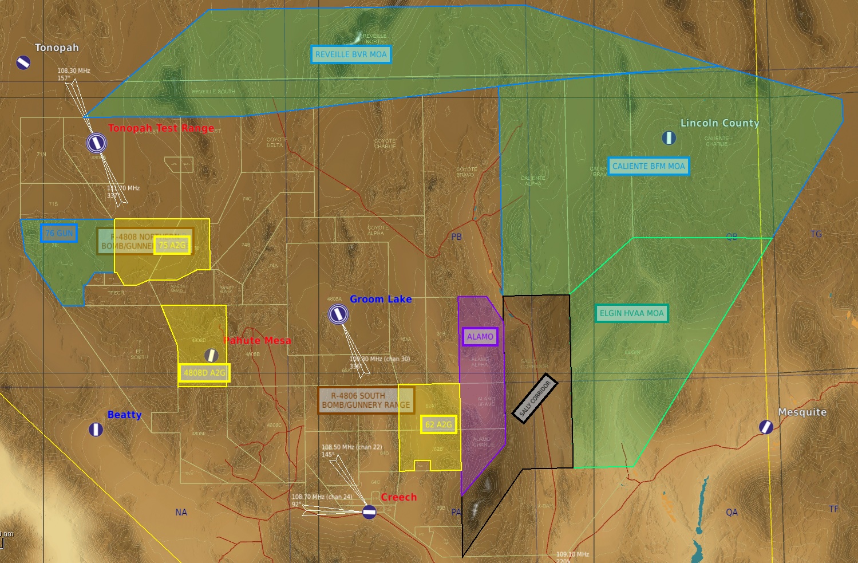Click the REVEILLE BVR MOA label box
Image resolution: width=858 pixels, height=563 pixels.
[x=351, y=54]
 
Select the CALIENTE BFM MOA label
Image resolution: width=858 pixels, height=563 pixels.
[x=649, y=166]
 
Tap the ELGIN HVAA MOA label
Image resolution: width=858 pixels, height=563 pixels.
[x=631, y=313]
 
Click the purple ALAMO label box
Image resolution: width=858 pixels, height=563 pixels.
[x=480, y=337]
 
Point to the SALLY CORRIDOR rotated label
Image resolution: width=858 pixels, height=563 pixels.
[x=535, y=399]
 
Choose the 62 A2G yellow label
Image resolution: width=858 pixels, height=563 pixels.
[x=438, y=424]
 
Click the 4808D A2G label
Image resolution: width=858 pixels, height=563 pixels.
[x=204, y=373]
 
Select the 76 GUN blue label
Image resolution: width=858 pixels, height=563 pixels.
[x=59, y=233]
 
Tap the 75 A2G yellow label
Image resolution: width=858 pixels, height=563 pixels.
[x=172, y=245]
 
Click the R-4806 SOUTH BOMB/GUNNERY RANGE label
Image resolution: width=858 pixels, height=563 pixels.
[x=366, y=400]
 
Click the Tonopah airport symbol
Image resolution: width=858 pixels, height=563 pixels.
[x=23, y=62]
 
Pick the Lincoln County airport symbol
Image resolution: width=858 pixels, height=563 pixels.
[x=669, y=137]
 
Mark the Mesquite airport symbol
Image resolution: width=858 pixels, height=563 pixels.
[x=766, y=427]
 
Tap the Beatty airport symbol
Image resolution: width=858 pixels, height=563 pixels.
[x=96, y=429]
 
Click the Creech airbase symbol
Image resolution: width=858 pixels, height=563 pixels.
[x=369, y=512]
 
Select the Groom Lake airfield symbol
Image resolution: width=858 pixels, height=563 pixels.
[x=338, y=314]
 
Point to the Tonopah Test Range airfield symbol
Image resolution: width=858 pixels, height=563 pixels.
[x=97, y=143]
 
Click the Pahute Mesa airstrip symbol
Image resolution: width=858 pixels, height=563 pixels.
[x=211, y=355]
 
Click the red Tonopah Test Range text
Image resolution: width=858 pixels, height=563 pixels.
[x=161, y=128]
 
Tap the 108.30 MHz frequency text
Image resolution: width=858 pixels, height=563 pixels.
[x=74, y=71]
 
